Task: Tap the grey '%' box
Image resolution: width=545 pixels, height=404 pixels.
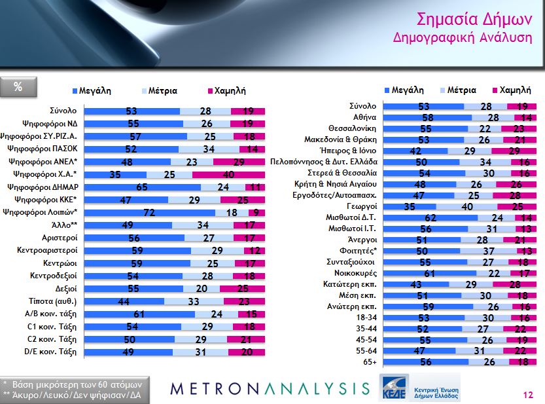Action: point(18,86)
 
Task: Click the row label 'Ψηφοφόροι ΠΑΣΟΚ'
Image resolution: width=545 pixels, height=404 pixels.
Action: point(48,149)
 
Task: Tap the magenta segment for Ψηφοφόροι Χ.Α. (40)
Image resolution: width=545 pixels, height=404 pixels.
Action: point(228,174)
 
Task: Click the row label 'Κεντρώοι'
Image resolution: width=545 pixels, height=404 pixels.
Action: point(63,263)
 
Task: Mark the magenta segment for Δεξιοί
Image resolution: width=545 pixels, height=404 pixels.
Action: point(242,288)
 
